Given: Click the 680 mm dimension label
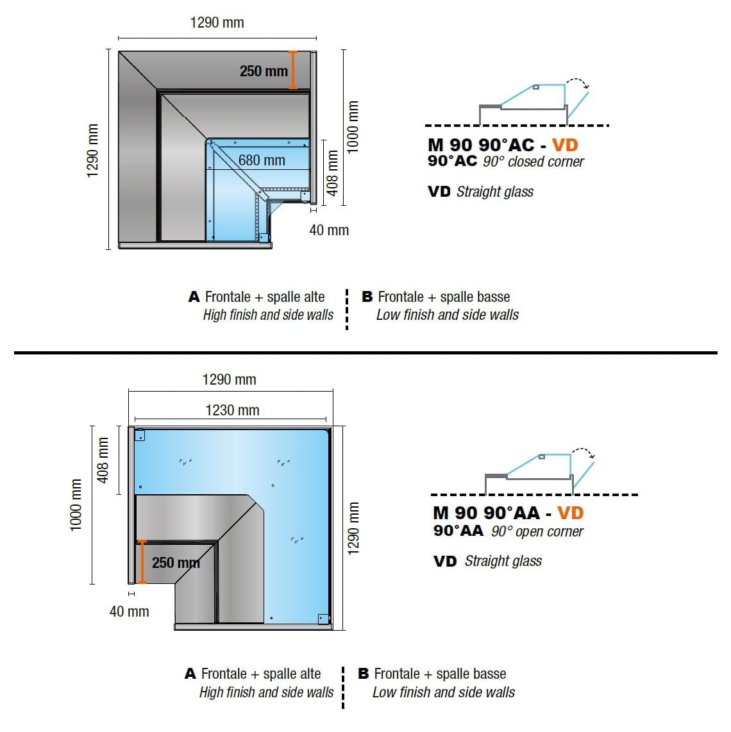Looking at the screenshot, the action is tap(262, 160).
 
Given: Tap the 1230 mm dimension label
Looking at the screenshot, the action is tap(232, 410).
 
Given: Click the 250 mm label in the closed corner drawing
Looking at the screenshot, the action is tap(264, 71).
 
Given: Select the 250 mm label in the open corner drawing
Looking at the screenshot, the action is tap(176, 563).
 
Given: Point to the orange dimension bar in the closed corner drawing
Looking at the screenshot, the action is tap(293, 70).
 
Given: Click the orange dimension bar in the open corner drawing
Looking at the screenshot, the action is tap(142, 561).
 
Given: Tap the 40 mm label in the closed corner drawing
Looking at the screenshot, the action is tap(329, 230).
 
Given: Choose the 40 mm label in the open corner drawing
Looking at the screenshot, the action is tap(130, 611).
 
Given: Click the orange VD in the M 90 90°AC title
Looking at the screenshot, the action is tap(565, 145).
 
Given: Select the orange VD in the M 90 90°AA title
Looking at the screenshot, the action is tap(570, 513).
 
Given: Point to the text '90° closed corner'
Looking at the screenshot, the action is tap(534, 162).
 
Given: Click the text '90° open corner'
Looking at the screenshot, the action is tap(537, 531).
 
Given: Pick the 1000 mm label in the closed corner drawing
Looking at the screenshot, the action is tap(353, 126).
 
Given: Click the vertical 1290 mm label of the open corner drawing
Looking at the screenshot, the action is tap(353, 528).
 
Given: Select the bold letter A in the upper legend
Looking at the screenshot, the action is tap(194, 297).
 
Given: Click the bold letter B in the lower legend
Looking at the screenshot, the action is tap(364, 674).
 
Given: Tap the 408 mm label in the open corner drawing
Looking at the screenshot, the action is tap(103, 460).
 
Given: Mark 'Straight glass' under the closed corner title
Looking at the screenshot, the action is tap(494, 192).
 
